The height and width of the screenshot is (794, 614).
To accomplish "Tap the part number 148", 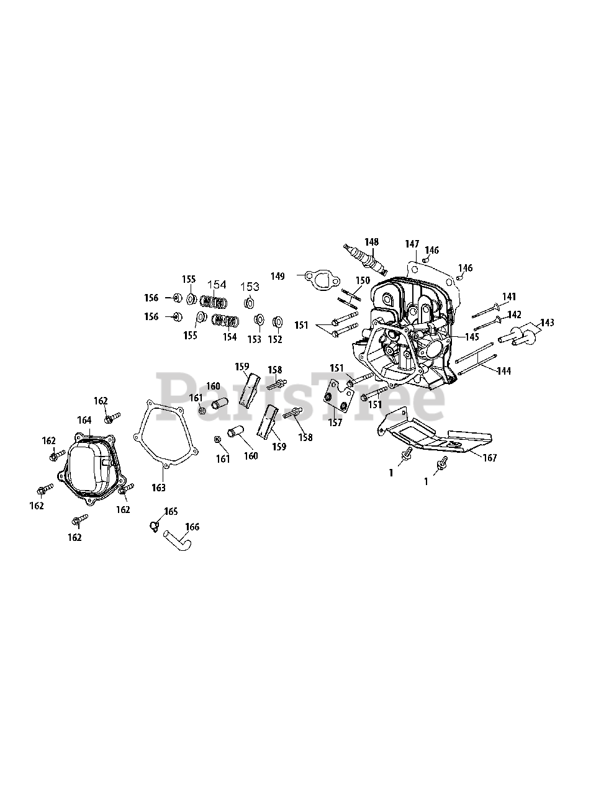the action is tap(371, 242).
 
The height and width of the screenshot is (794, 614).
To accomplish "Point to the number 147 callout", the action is tap(412, 244).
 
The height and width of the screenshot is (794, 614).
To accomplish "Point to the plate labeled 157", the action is tap(339, 398).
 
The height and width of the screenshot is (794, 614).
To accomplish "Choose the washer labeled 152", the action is tap(278, 322).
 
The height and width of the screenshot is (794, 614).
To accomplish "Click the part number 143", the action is tap(547, 323).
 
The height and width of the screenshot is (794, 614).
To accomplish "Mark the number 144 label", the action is tap(503, 371).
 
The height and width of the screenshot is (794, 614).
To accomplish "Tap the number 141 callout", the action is tap(509, 297).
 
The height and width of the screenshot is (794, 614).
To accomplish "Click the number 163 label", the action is tap(159, 488).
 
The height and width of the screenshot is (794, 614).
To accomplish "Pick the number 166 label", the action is tap(192, 527).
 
